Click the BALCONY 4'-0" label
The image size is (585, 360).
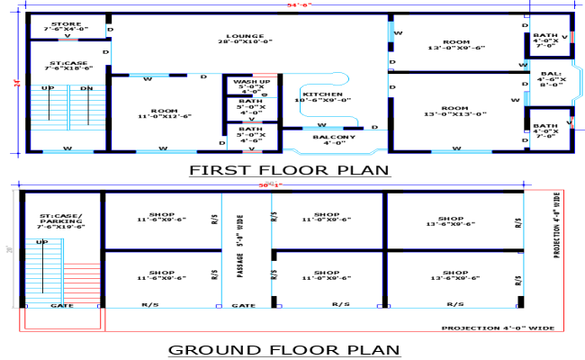click(x=334, y=139)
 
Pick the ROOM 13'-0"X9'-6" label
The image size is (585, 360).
click(x=456, y=45)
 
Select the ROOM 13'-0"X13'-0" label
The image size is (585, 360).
click(x=456, y=111)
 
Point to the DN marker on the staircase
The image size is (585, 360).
click(x=85, y=88)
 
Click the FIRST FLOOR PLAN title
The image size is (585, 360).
click(x=289, y=169)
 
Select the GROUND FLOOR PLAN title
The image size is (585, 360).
click(x=284, y=348)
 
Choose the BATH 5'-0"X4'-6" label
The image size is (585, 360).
click(x=251, y=136)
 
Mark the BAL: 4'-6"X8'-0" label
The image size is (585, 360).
click(x=551, y=79)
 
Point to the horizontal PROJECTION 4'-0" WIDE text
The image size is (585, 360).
click(x=496, y=328)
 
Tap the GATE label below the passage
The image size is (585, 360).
click(x=243, y=305)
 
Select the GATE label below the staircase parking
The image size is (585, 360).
click(x=61, y=305)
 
